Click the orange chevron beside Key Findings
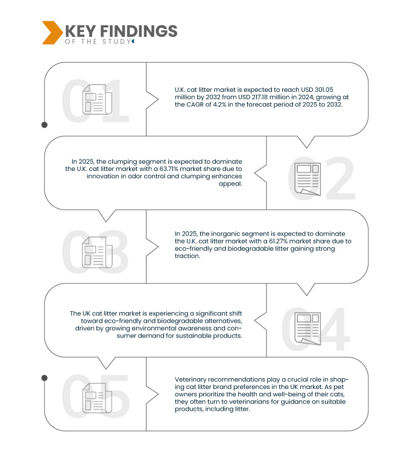[x=52, y=33]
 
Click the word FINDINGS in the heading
[x=139, y=31]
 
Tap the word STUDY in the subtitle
[x=116, y=42]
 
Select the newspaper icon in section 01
[x=97, y=100]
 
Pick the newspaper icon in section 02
[x=307, y=179]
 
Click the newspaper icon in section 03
[x=97, y=252]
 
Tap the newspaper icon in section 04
[x=307, y=329]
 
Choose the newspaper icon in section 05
[x=97, y=398]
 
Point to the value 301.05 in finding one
[x=324, y=89]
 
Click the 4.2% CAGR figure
[x=219, y=104]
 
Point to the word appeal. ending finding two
[x=230, y=184]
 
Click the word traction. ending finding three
[x=188, y=256]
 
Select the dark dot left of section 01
[x=45, y=125]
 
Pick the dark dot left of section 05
[x=45, y=378]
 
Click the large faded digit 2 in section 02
[x=340, y=178]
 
